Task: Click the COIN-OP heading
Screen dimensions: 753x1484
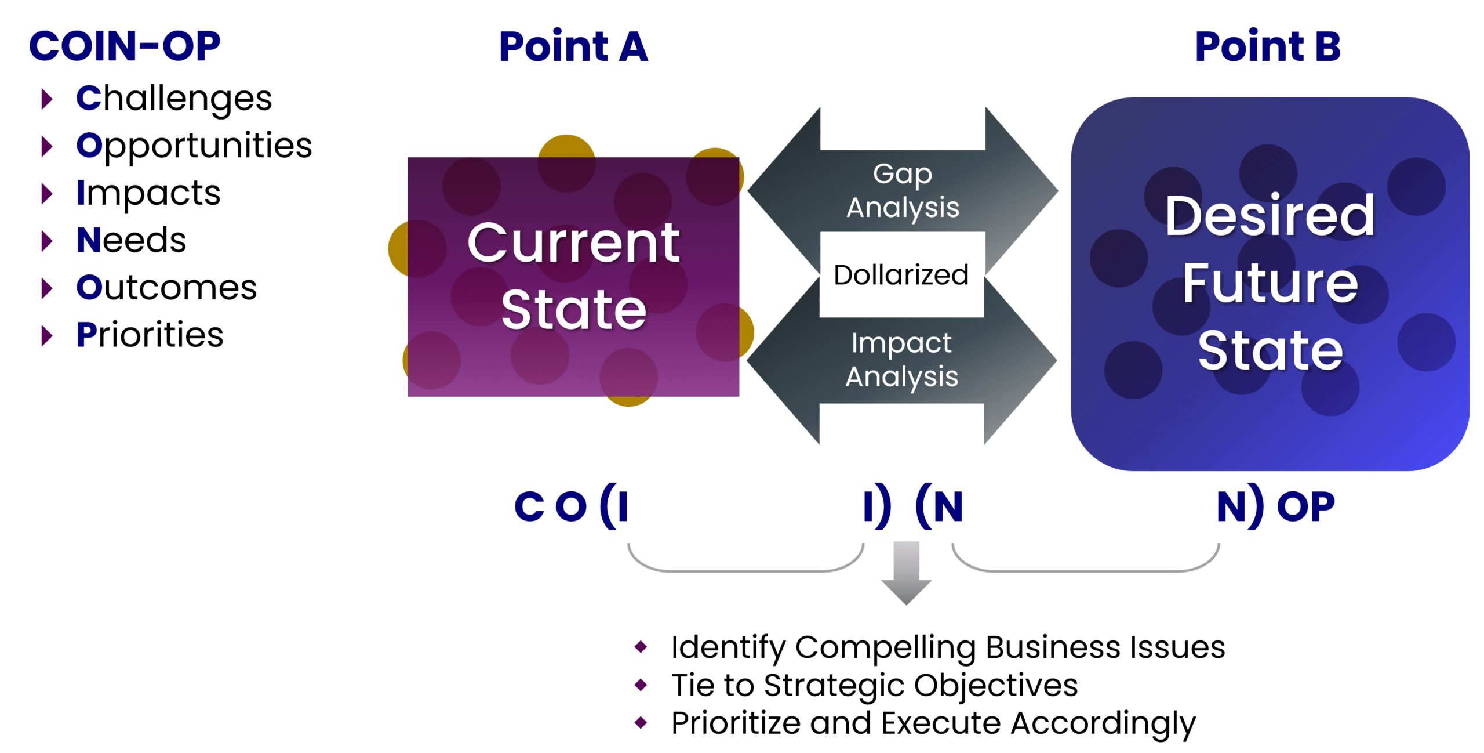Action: pos(125,46)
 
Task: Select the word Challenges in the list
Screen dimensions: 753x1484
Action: pos(174,99)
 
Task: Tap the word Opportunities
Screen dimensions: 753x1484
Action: pos(194,146)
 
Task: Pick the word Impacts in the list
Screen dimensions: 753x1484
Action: pos(148,193)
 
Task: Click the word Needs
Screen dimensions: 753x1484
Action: pos(131,240)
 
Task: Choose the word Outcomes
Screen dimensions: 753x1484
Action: pos(166,288)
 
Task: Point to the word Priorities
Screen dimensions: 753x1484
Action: pos(150,335)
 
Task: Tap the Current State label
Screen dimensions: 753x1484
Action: pos(573,276)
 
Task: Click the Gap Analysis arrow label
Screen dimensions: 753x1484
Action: pos(903,190)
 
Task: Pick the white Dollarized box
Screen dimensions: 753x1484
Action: pos(901,274)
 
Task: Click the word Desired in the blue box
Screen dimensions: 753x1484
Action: pos(1270,216)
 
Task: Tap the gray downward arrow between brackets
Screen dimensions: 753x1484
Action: pos(906,571)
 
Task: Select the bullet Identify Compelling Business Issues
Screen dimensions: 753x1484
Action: pos(948,647)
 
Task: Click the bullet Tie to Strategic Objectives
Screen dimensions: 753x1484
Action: pos(874,685)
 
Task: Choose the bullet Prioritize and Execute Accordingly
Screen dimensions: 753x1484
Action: pos(933,723)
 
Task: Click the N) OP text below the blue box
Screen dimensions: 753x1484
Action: pos(1275,506)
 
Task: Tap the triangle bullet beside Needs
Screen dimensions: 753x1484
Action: pos(47,241)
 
